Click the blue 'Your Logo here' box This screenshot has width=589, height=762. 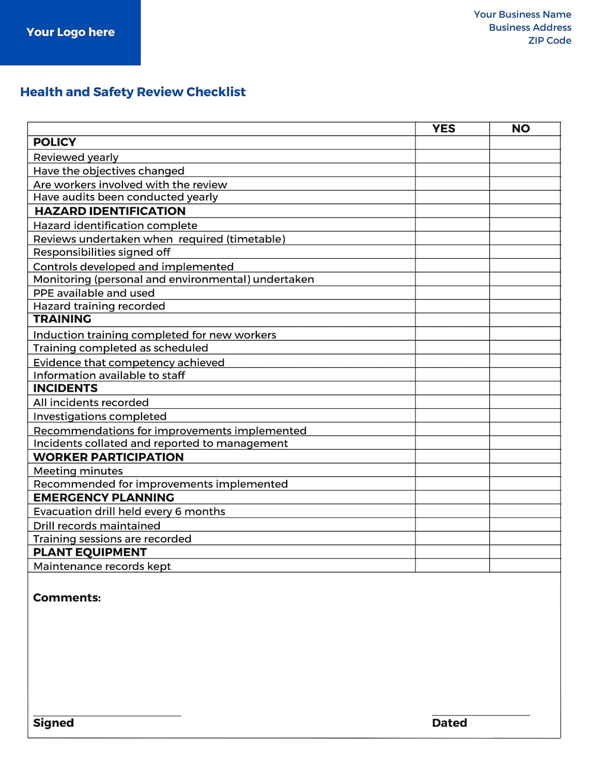pyautogui.click(x=70, y=33)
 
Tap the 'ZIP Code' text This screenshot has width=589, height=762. pyautogui.click(x=549, y=41)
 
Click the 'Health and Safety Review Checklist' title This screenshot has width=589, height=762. pyautogui.click(x=133, y=92)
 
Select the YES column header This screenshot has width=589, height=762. pyautogui.click(x=443, y=129)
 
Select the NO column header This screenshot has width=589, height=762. pyautogui.click(x=521, y=129)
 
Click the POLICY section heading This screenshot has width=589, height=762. pyautogui.click(x=55, y=143)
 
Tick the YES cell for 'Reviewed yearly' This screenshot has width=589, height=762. pyautogui.click(x=452, y=157)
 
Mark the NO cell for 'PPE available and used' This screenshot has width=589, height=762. pyautogui.click(x=525, y=293)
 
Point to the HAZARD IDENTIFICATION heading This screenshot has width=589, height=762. pyautogui.click(x=110, y=211)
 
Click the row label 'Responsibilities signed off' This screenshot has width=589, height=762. pyautogui.click(x=102, y=252)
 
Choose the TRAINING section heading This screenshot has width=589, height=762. pyautogui.click(x=62, y=319)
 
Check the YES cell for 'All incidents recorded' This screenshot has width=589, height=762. pyautogui.click(x=452, y=402)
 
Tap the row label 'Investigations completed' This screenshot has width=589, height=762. pyautogui.click(x=100, y=416)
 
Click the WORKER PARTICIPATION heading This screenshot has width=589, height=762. pyautogui.click(x=109, y=457)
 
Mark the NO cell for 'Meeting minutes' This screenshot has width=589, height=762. pyautogui.click(x=525, y=470)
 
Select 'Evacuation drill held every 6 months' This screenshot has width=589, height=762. pyautogui.click(x=129, y=511)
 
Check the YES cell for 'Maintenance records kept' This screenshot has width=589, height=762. pyautogui.click(x=452, y=566)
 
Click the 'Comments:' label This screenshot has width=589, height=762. pyautogui.click(x=67, y=598)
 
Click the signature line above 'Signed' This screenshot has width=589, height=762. pyautogui.click(x=107, y=716)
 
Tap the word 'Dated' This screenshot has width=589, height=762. pyautogui.click(x=449, y=723)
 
